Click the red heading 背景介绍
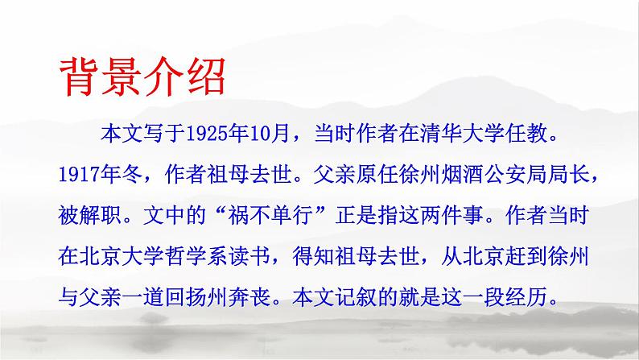tap(144, 77)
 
